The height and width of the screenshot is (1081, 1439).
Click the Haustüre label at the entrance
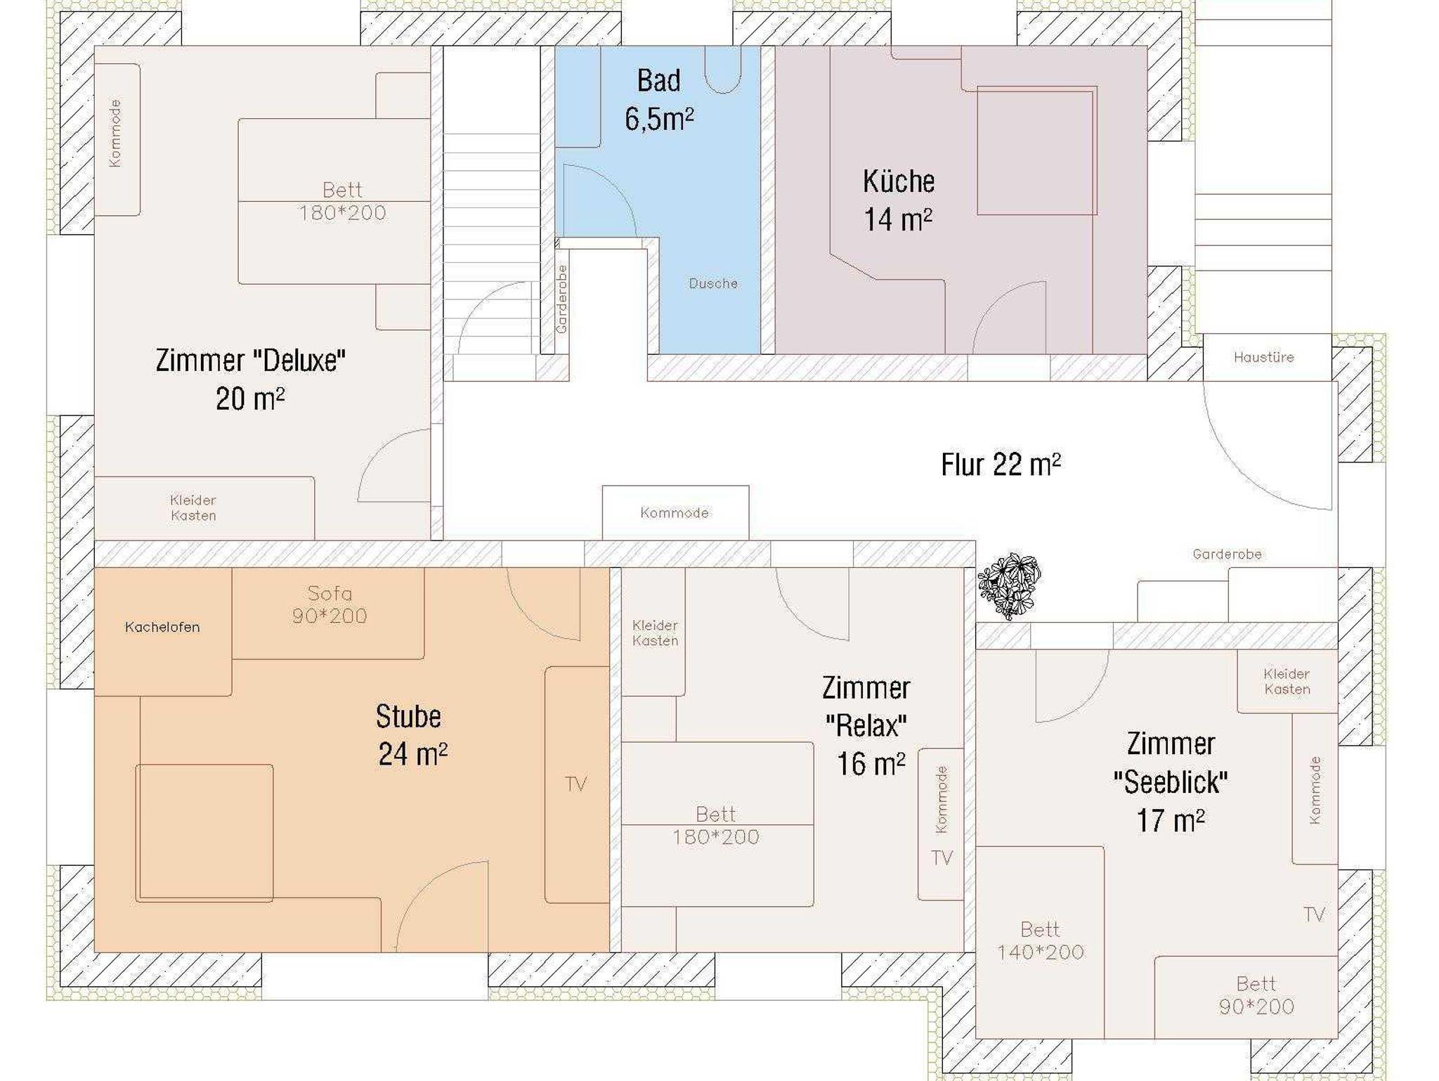tap(1263, 357)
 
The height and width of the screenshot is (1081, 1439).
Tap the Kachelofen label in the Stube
tap(162, 627)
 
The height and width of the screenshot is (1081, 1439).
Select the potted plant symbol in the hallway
tap(1010, 585)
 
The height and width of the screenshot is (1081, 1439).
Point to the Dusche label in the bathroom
tap(713, 283)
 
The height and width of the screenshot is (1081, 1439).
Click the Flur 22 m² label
tap(1001, 465)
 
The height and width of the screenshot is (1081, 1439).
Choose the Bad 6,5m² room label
tap(659, 100)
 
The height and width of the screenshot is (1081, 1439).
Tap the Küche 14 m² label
tap(899, 200)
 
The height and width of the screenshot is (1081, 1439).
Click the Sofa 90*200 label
tap(330, 604)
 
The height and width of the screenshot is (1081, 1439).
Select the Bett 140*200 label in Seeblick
tap(1041, 940)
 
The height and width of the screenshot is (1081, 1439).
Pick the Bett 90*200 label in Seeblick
tap(1256, 995)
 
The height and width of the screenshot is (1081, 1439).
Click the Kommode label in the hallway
tap(675, 513)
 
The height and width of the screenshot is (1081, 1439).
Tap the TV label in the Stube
tap(576, 784)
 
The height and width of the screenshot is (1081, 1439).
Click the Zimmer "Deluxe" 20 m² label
tap(251, 380)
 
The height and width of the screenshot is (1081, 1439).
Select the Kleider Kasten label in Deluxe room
tap(193, 507)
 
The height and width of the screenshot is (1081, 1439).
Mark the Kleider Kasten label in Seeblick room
tap(1287, 681)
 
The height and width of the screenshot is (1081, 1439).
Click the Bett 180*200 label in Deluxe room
tap(342, 201)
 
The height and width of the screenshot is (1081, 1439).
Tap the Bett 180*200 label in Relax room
tap(716, 825)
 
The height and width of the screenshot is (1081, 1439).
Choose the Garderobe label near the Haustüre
tap(1228, 554)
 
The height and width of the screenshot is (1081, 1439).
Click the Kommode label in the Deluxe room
tap(115, 133)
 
